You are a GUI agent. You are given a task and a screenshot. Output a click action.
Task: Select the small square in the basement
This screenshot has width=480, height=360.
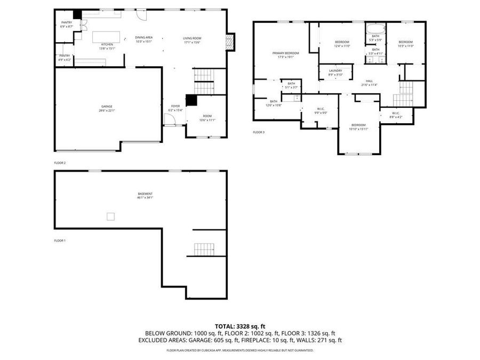tap(110, 216)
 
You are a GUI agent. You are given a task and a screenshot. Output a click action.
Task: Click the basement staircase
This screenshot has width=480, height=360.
tap(204, 249)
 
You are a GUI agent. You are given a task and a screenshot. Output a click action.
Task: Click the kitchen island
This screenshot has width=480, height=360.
tap(106, 37)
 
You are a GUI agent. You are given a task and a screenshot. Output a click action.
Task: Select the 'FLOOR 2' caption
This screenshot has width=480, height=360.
tap(60, 163)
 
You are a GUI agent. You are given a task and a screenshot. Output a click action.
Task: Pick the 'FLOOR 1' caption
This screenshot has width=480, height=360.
tap(60, 241)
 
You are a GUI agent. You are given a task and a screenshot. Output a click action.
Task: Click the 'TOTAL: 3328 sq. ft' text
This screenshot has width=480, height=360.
tap(239, 326)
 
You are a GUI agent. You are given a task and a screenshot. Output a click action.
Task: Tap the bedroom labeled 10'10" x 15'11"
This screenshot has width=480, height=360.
tap(358, 126)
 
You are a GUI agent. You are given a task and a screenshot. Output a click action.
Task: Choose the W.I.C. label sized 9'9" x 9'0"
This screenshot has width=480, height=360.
tap(320, 111)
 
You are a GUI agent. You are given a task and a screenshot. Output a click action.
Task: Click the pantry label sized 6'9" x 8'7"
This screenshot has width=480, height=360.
tap(66, 24)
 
